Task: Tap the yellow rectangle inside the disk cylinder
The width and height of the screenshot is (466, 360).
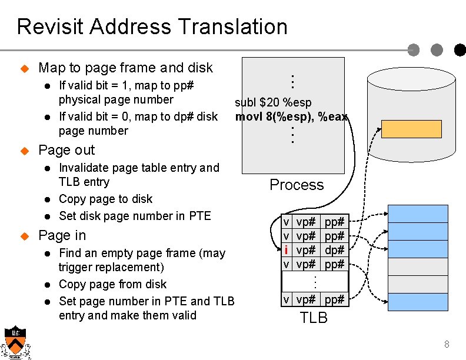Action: [403, 129]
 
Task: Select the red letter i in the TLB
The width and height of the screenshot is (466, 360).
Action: [285, 249]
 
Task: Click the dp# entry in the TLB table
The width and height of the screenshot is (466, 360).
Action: [334, 249]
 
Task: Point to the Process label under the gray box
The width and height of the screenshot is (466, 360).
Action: [297, 185]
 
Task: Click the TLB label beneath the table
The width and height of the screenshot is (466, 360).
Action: [314, 318]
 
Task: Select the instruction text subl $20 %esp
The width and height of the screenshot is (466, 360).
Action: [273, 103]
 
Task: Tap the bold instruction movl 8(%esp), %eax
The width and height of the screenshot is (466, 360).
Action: [291, 116]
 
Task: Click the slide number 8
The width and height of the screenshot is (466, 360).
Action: [447, 344]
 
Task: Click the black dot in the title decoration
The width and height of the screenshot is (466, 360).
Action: [459, 50]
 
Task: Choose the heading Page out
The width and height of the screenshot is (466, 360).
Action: [66, 150]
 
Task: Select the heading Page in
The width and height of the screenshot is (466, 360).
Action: [62, 235]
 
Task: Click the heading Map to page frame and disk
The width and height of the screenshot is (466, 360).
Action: [125, 68]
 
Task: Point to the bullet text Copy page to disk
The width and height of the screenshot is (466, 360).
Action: [105, 199]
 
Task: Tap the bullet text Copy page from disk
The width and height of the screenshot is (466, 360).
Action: [112, 284]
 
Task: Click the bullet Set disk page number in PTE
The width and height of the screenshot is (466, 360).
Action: [135, 215]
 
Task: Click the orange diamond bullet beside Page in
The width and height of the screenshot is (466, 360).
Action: [25, 236]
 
